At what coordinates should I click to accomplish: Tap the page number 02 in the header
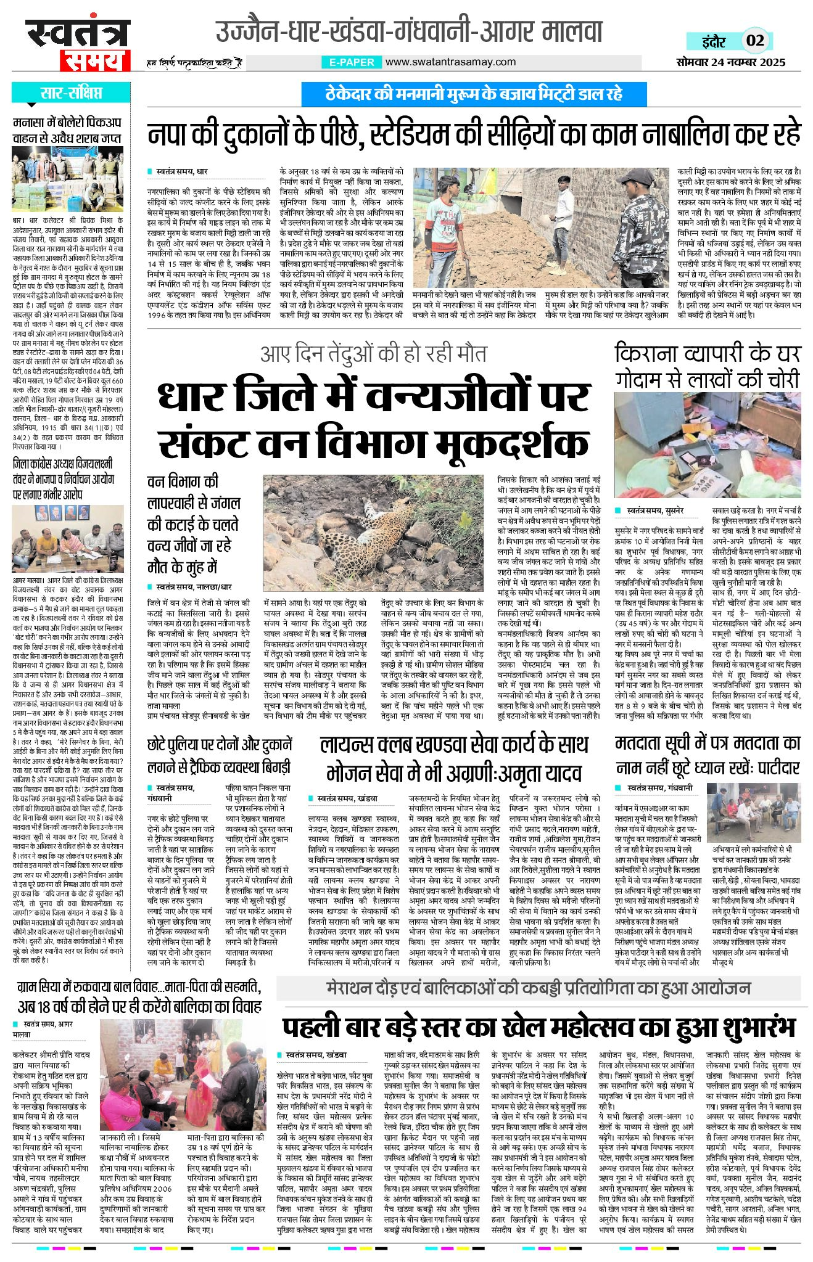pos(755,41)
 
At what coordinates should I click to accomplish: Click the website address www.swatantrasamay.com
pos(450,62)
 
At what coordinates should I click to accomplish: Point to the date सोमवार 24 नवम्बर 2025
pos(730,62)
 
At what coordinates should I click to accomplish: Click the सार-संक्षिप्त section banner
pos(71,93)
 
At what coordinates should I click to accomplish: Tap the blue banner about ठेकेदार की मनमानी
pos(473,94)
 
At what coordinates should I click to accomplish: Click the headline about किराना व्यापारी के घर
pos(707,366)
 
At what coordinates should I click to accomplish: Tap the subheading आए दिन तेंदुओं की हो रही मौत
pos(373,354)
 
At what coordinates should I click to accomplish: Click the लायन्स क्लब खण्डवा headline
pos(454,758)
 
